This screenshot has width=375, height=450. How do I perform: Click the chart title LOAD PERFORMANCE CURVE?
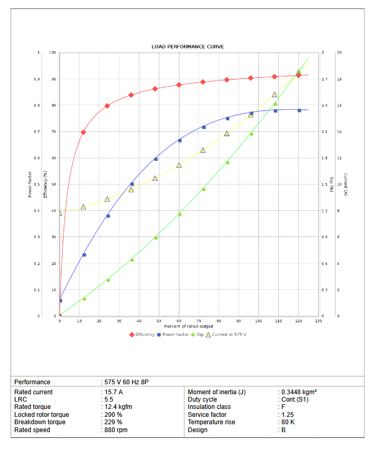pos(187,47)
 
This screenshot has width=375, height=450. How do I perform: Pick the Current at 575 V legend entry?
pos(226,334)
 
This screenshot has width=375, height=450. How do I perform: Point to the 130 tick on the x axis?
pos(318,321)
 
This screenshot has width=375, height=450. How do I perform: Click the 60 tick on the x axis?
pos(179,321)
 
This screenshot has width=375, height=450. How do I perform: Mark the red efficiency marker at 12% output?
pos(83,132)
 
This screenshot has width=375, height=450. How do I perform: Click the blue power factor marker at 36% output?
pos(132,184)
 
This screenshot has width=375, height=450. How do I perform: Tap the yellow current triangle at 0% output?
pos(60,213)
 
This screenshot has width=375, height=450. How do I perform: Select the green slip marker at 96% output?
pos(251,134)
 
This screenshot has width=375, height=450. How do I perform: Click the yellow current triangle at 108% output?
pos(275,95)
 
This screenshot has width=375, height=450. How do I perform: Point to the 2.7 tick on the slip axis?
pos(325,79)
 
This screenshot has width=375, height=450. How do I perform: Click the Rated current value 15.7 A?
pos(113,392)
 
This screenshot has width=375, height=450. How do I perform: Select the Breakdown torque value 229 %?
pos(113,422)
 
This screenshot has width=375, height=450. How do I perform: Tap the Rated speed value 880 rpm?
pos(116,430)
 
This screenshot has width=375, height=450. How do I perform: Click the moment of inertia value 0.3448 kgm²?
pos(298,392)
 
